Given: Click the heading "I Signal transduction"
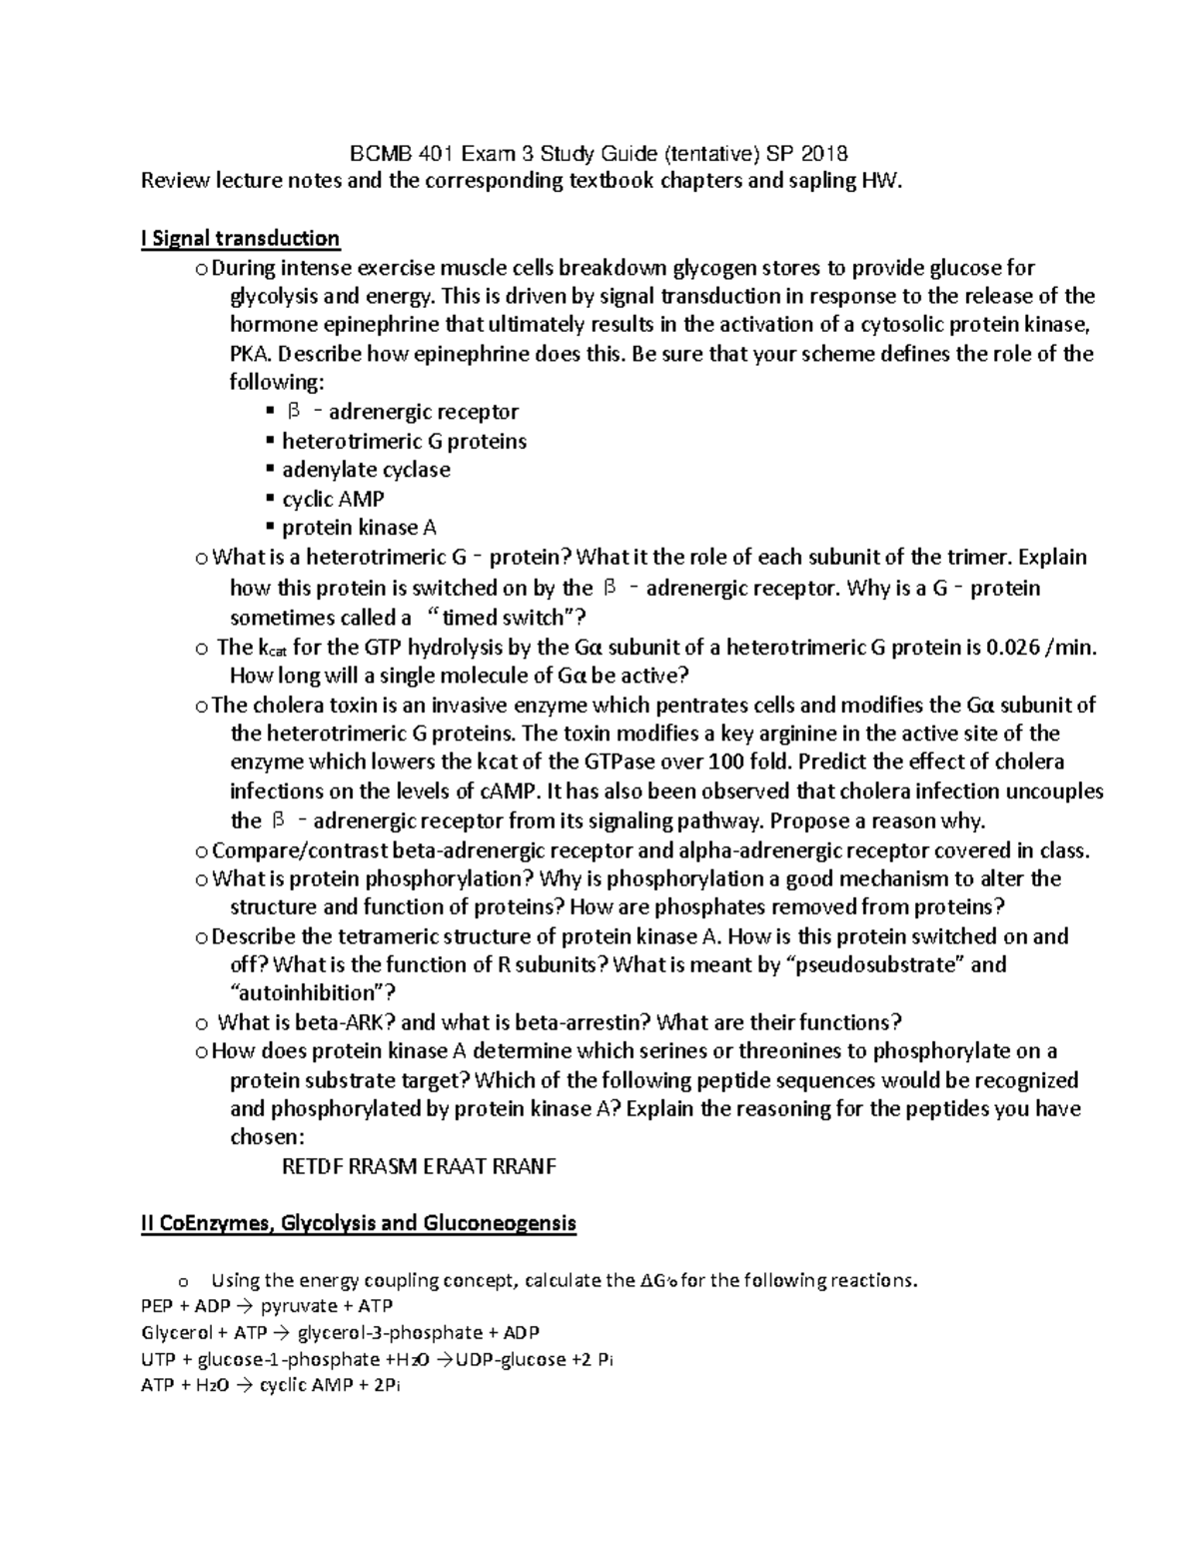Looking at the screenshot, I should (241, 239).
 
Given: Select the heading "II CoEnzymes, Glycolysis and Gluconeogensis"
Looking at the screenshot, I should (359, 1223).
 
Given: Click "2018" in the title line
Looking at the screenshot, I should (820, 154).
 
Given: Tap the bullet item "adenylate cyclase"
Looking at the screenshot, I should (366, 470).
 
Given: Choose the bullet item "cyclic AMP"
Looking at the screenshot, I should (333, 499).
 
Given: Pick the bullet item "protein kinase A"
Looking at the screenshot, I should (359, 528).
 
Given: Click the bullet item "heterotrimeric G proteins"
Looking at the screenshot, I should (404, 441).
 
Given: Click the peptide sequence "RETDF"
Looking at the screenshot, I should (312, 1166).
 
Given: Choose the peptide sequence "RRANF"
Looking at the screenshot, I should (526, 1166).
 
